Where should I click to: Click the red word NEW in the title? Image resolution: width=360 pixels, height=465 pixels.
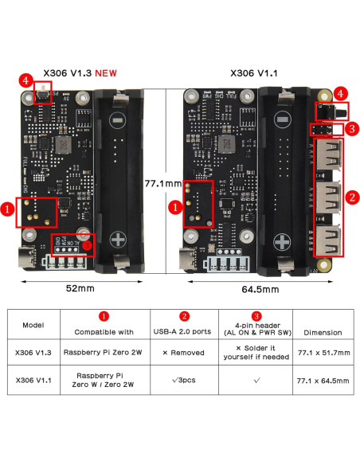tap(106, 72)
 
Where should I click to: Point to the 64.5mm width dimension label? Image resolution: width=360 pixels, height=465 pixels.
tap(259, 288)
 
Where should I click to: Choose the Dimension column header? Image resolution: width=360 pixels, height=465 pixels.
tap(323, 332)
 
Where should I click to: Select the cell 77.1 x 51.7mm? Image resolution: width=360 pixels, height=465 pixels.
tap(323, 352)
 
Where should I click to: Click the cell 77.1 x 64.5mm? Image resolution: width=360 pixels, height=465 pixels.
tap(323, 381)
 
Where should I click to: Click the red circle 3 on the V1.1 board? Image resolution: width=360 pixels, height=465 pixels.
tap(350, 127)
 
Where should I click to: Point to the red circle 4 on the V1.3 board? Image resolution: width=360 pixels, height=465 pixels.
tap(26, 81)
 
